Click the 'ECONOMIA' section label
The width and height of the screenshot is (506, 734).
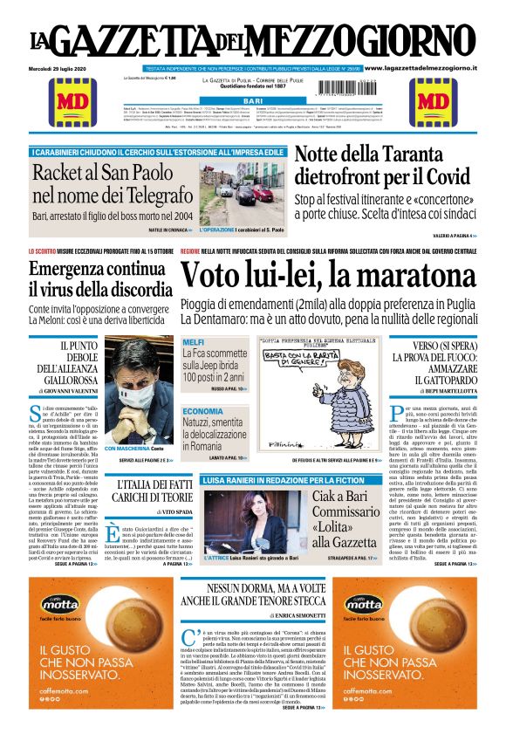click(202, 410)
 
